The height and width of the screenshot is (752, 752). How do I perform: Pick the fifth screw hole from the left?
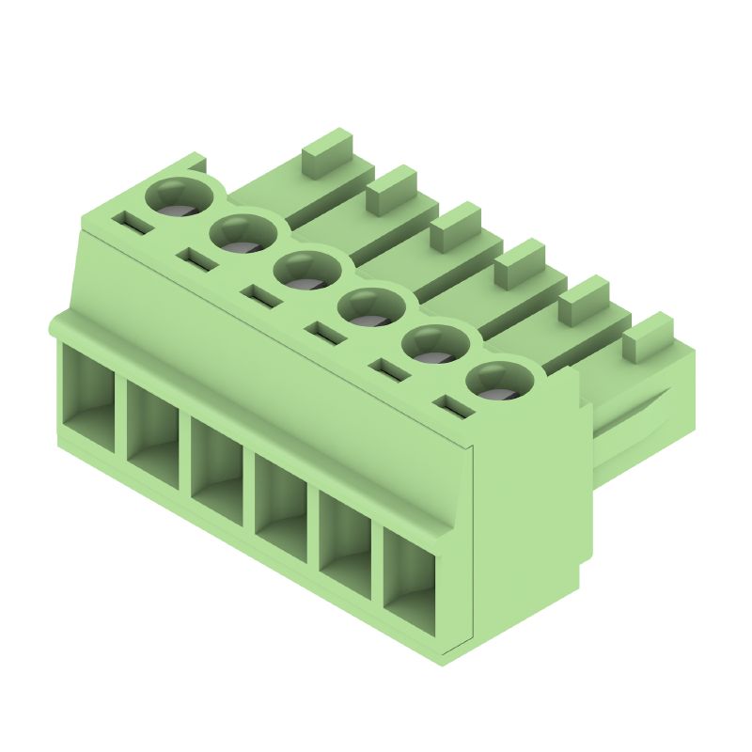coord(434,345)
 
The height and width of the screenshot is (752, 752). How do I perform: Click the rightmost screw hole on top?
coord(497,381)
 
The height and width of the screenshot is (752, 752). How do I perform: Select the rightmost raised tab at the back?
coord(648,337)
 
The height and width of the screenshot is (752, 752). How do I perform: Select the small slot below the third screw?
coord(260,296)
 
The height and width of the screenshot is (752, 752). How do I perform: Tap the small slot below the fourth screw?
coord(324,334)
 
